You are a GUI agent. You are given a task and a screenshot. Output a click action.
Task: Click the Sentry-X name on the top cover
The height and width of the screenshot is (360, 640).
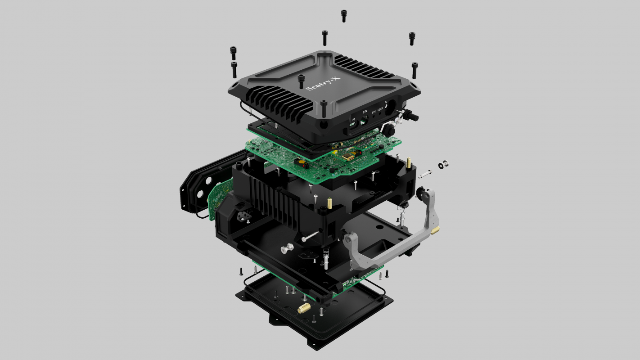pyautogui.click(x=322, y=83)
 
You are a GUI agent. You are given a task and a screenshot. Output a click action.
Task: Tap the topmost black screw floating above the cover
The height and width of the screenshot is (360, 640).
pyautogui.click(x=344, y=16)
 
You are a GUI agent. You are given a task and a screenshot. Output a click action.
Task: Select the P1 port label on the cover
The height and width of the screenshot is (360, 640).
pyautogui.click(x=354, y=120)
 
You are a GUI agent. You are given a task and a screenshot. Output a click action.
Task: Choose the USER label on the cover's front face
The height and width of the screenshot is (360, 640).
pyautogui.click(x=380, y=109)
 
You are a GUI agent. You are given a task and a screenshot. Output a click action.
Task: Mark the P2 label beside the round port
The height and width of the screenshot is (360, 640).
pyautogui.click(x=386, y=103)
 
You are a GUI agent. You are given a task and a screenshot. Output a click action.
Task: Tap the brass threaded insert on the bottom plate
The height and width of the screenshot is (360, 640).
pyautogui.click(x=303, y=309)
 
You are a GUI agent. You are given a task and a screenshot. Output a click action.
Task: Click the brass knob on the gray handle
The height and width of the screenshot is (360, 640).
pyautogui.click(x=435, y=231)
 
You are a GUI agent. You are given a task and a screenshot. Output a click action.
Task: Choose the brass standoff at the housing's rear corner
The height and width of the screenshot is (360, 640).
pyautogui.click(x=409, y=162)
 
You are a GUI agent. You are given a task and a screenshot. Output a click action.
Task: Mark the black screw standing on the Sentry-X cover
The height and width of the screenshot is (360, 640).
pyautogui.click(x=301, y=81)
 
